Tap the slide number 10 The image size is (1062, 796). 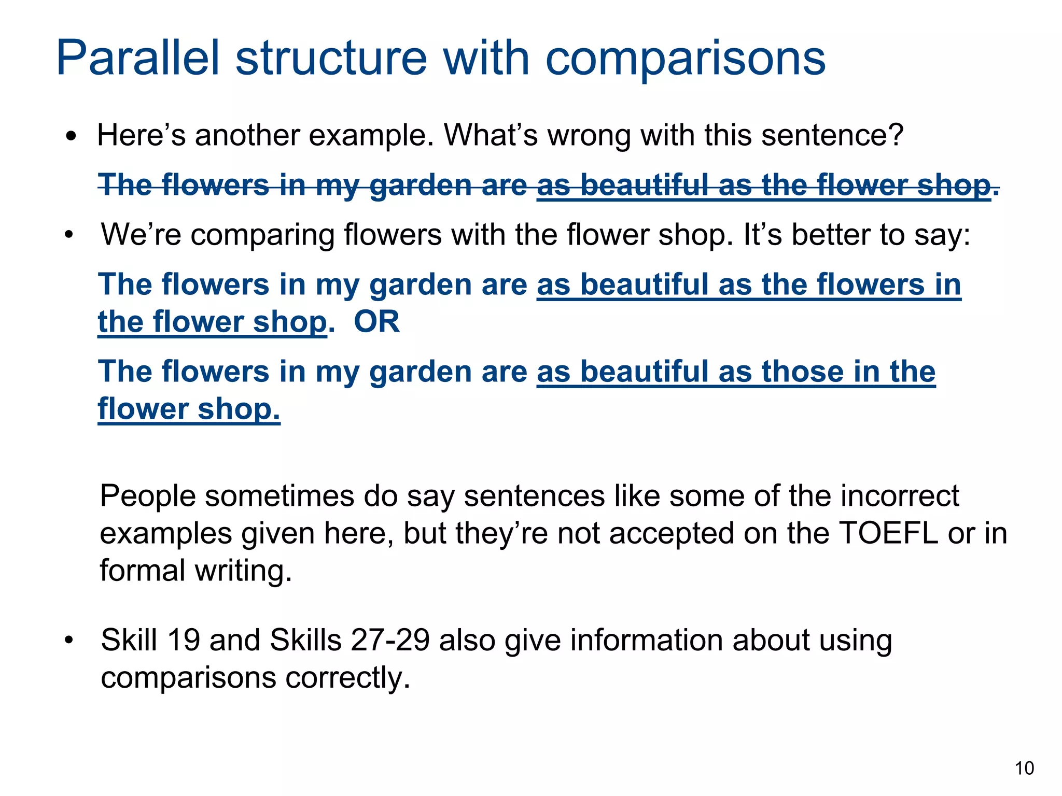(x=1024, y=768)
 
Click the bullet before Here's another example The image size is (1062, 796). (x=72, y=137)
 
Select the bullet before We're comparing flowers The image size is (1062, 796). (x=69, y=236)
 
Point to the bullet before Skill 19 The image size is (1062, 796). (x=69, y=641)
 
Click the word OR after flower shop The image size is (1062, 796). (x=376, y=322)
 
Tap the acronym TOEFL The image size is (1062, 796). (x=888, y=533)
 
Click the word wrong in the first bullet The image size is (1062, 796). (x=589, y=136)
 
